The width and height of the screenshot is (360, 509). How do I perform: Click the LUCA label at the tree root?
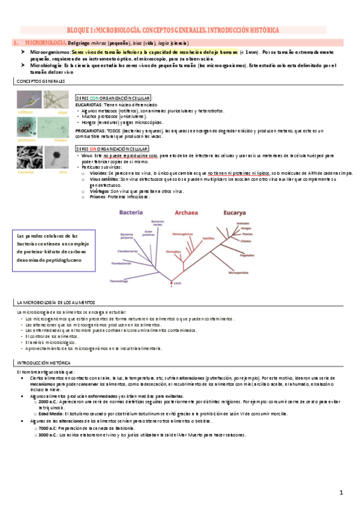pos(177,283)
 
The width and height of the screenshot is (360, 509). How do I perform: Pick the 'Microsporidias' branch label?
pos(239,272)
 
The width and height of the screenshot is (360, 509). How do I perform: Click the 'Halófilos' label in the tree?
pos(208,238)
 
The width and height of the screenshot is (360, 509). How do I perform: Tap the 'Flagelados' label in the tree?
pos(248,254)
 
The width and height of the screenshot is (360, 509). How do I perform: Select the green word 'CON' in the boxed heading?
pos(94,98)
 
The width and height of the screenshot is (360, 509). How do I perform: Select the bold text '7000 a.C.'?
pos(47,428)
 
